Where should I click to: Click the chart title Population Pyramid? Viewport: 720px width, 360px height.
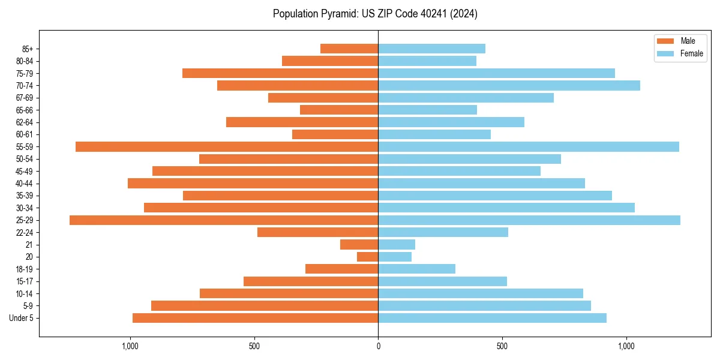(x=375, y=14)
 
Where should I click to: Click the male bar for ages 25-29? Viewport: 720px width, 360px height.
(x=224, y=220)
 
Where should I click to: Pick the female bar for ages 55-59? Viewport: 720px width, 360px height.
(x=528, y=146)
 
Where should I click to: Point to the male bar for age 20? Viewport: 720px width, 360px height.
(x=367, y=257)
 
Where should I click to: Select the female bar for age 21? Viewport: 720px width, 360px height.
(x=397, y=245)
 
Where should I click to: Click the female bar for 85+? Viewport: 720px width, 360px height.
(x=431, y=49)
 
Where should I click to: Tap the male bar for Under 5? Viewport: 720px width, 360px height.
(x=255, y=318)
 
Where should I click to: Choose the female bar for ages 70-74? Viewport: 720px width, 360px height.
(x=509, y=85)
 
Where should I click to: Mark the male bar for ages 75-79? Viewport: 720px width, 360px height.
(x=280, y=73)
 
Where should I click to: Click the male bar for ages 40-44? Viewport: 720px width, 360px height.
(x=253, y=184)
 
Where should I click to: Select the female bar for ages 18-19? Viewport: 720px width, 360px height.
(x=416, y=269)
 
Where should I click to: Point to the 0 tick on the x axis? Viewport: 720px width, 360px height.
(x=378, y=346)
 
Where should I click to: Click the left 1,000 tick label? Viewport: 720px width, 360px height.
(x=130, y=346)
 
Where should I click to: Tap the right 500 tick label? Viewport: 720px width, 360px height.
(x=502, y=346)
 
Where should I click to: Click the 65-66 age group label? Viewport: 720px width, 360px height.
(x=25, y=110)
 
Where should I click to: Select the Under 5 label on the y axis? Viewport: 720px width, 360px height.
(x=22, y=318)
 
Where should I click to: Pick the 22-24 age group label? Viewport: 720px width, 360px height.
(x=25, y=232)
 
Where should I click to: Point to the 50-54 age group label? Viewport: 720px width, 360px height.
(x=25, y=159)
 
